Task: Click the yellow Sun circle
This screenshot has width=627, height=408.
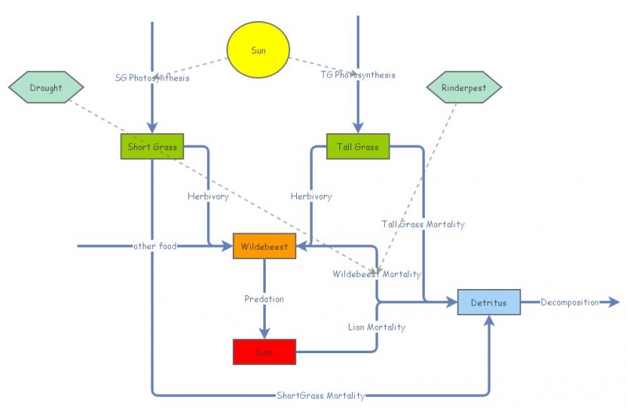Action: click(259, 50)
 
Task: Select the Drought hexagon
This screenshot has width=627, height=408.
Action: click(46, 88)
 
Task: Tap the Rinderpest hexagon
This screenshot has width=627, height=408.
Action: click(464, 88)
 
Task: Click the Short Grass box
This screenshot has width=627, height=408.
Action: click(152, 146)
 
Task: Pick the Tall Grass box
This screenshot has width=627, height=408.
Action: click(358, 146)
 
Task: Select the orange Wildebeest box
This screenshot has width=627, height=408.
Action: click(264, 246)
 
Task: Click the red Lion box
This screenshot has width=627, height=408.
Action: click(264, 352)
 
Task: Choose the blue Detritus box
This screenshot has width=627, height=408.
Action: click(489, 302)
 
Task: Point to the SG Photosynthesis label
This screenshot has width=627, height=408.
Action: click(152, 77)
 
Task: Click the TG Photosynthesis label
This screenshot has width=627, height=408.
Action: click(358, 75)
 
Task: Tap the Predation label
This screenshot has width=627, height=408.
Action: click(264, 299)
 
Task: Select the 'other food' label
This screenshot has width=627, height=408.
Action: click(155, 246)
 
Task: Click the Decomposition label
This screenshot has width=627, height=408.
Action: click(570, 302)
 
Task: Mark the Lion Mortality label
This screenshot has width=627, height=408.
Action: click(377, 327)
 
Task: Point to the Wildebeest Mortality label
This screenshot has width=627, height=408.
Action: click(376, 274)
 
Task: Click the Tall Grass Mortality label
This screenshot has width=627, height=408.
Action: click(423, 224)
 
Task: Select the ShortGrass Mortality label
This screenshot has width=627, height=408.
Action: click(321, 395)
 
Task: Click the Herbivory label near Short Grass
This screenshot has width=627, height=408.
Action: click(208, 197)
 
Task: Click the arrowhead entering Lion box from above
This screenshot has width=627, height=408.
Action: click(264, 333)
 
